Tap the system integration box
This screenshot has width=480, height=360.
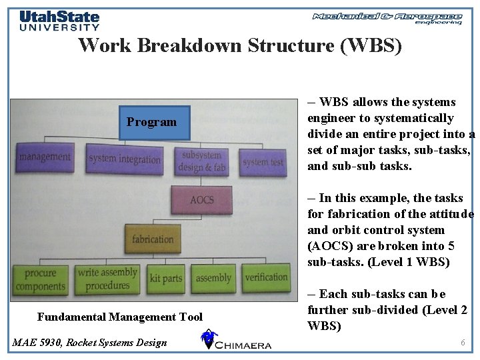click(x=125, y=159)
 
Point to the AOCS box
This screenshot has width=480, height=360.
click(x=201, y=200)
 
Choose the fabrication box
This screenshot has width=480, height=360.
click(x=153, y=239)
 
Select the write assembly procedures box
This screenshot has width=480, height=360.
click(x=107, y=279)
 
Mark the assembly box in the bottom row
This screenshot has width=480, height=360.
click(x=213, y=278)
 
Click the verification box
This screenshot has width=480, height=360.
click(x=266, y=277)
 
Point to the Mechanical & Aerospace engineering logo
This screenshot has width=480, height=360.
click(x=387, y=18)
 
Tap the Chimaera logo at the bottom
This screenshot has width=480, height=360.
click(x=236, y=341)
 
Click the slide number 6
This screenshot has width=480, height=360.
click(x=463, y=342)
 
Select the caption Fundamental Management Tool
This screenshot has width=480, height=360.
click(x=120, y=317)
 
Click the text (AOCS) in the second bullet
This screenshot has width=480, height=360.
click(x=327, y=246)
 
